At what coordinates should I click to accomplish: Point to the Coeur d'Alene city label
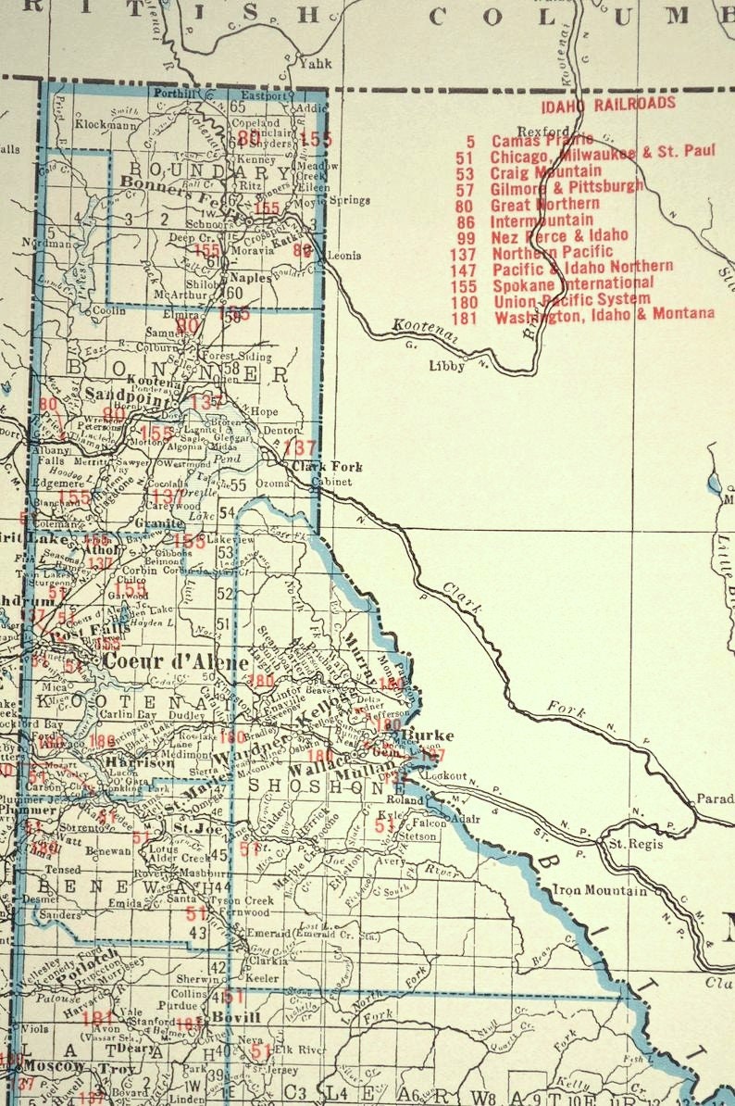(176, 662)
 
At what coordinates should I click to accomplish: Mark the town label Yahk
(316, 64)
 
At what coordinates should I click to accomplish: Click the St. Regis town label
(629, 844)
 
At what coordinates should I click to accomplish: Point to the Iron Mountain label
(599, 890)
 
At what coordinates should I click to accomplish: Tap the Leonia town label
(344, 255)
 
